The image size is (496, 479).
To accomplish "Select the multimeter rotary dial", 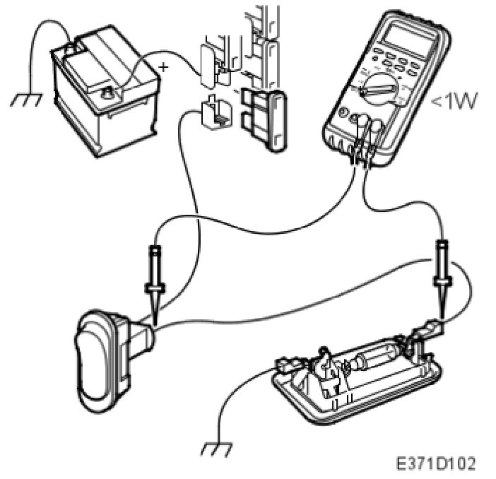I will pos(379,89).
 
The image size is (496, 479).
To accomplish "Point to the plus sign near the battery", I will pos(164,68).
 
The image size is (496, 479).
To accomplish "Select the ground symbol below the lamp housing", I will pos(213,449).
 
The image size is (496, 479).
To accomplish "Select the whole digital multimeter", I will pos(385,85).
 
